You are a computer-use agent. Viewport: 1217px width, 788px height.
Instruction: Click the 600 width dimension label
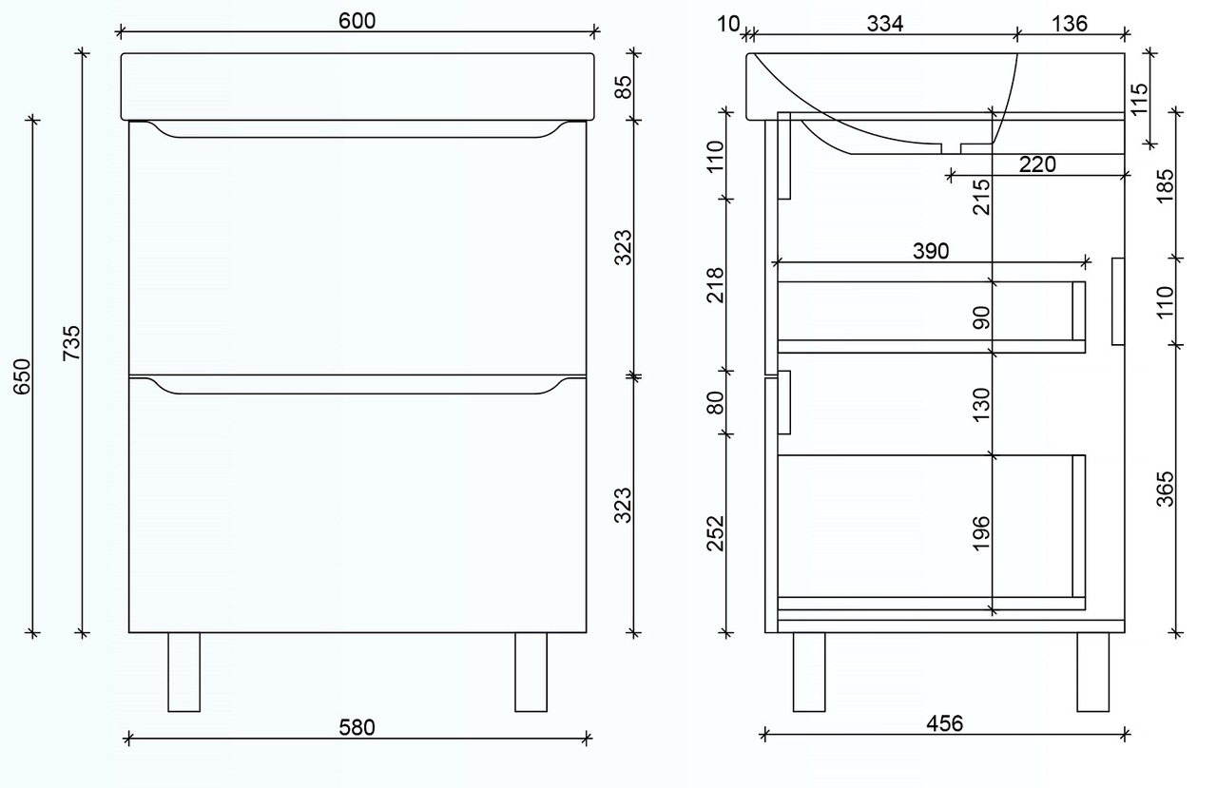coord(357,20)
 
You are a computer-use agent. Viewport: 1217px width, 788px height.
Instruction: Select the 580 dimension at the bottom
coord(357,727)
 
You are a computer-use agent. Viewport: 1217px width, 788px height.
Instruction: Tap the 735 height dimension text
coord(70,343)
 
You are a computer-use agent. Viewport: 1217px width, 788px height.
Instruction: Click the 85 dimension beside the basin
coord(624,87)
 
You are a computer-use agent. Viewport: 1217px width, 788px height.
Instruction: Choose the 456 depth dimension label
coord(944,723)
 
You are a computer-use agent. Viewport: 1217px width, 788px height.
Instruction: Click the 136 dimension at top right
coord(1070,24)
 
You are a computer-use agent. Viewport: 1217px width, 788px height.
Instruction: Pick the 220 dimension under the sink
coord(1037,164)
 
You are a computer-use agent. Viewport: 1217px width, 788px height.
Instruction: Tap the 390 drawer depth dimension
coord(931,252)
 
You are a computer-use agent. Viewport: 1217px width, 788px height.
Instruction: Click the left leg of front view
coord(184,672)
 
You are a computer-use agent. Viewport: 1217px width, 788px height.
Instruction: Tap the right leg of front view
coord(531,672)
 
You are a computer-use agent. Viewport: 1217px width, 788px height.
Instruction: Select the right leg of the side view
coord(1092,672)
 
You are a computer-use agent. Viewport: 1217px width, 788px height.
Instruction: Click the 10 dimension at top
coord(728,24)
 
